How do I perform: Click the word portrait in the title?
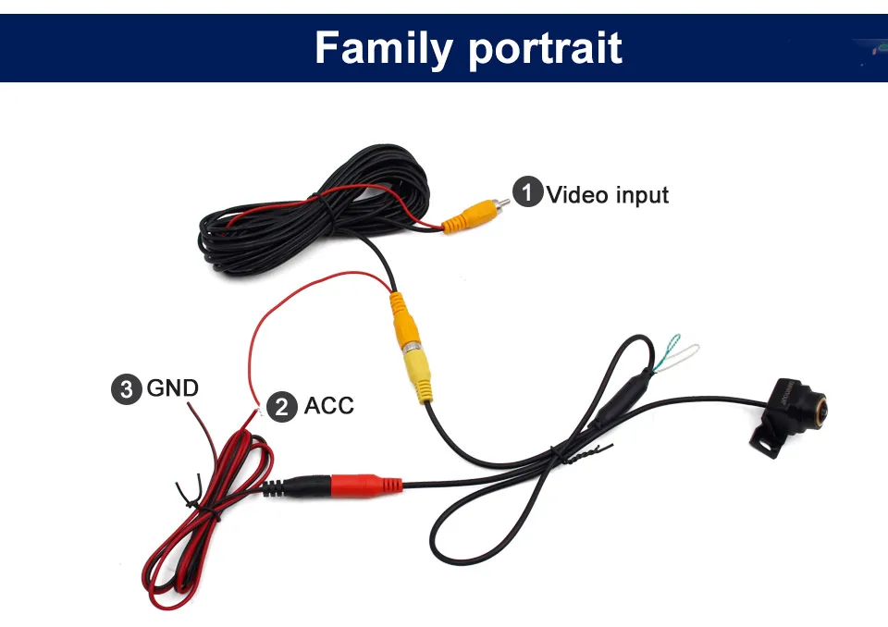point(545,49)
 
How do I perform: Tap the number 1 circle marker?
point(527,194)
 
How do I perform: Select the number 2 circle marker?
point(282,406)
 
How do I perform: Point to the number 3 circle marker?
point(127,387)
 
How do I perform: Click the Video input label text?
point(607,195)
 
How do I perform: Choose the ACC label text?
point(329,406)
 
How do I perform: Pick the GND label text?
point(173,387)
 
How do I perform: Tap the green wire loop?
point(670,352)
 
